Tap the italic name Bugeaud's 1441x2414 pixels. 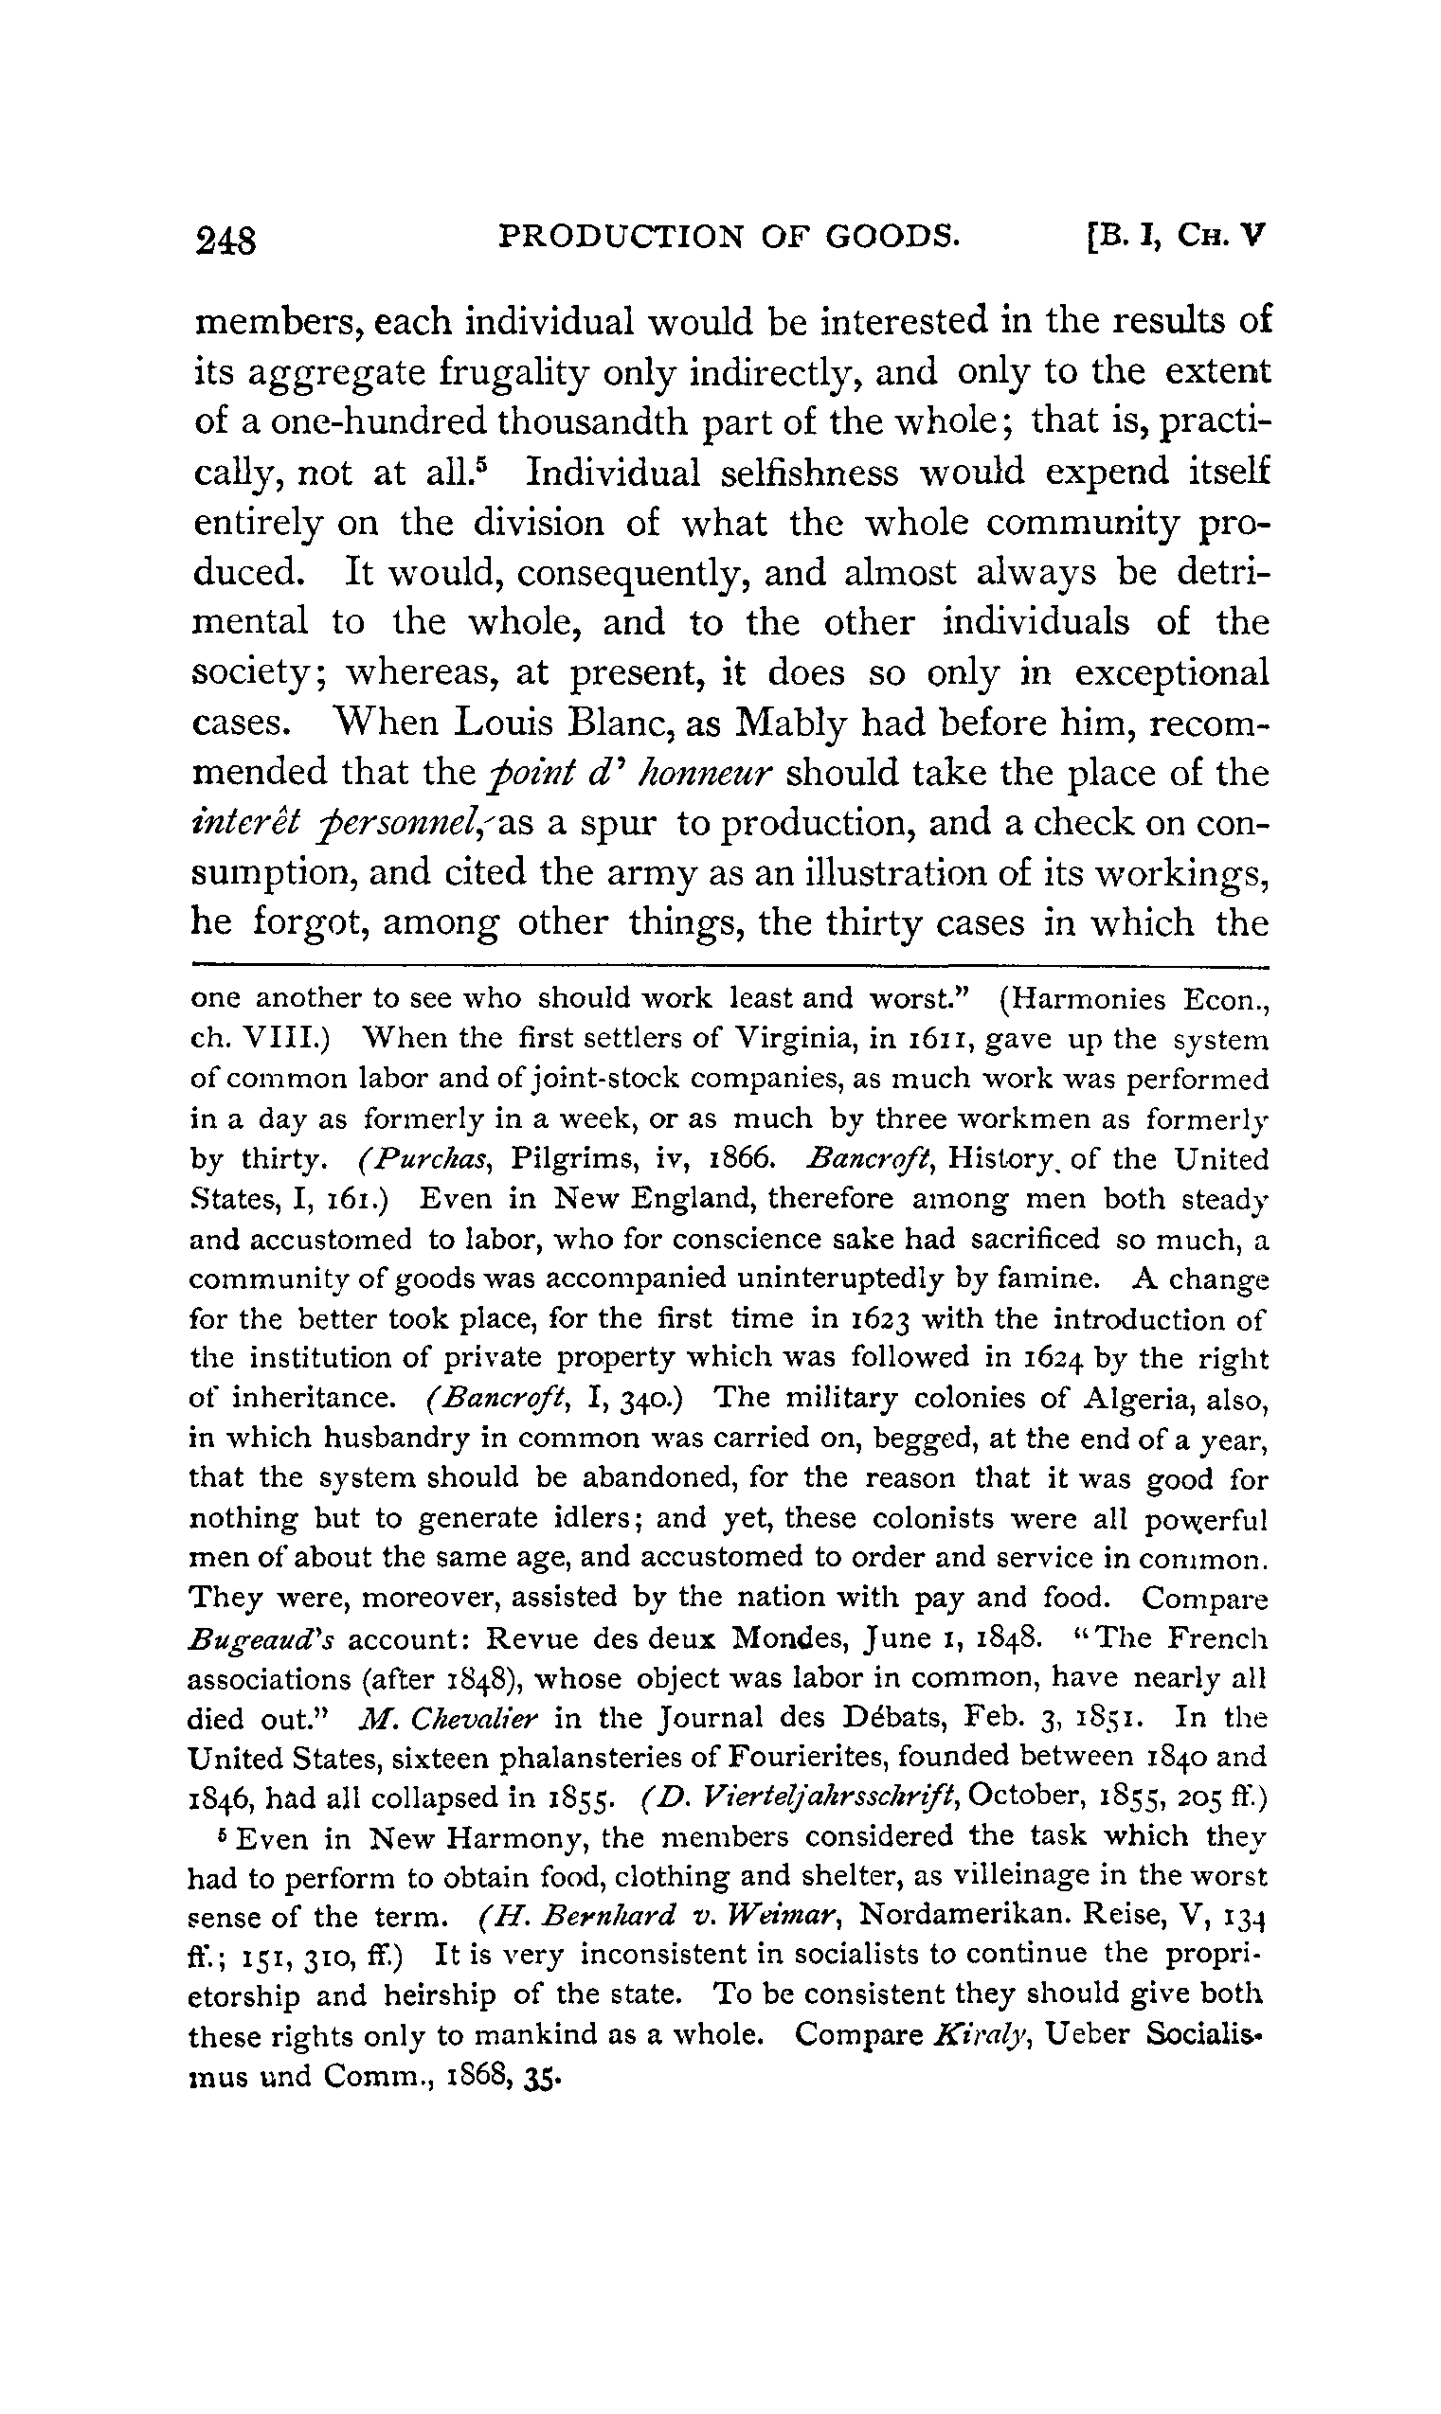262,1639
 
